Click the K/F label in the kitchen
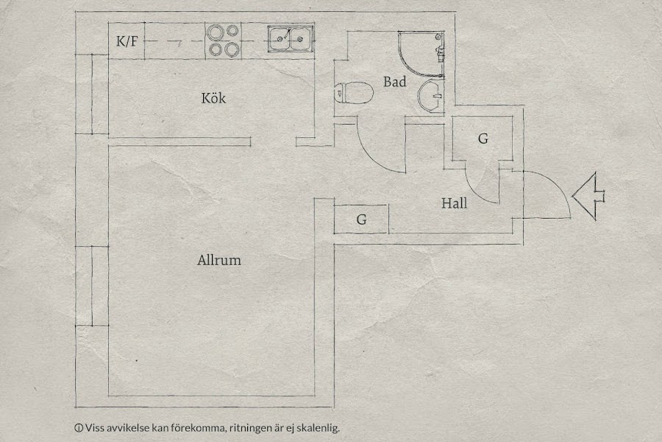tap(127, 42)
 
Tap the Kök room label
tap(213, 98)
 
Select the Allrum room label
tap(219, 260)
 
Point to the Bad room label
tap(394, 83)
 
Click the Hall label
tap(455, 203)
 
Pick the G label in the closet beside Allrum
tap(361, 219)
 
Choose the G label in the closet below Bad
tap(483, 138)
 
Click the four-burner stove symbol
tap(224, 41)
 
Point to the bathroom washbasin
tap(430, 97)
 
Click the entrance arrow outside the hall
tap(589, 195)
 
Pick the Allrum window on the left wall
tap(92, 286)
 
